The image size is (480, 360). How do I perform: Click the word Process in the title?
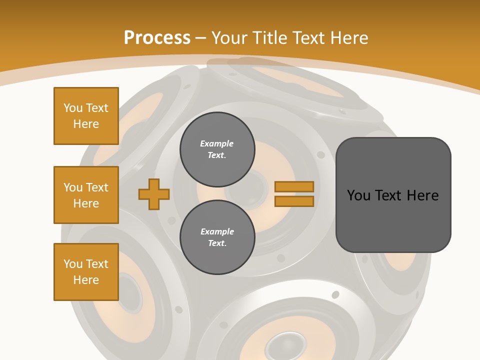(157, 37)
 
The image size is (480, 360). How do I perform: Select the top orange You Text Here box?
(86, 116)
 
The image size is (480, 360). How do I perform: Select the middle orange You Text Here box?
(86, 195)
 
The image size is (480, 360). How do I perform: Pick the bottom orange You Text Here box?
(86, 272)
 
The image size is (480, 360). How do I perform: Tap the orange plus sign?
(154, 194)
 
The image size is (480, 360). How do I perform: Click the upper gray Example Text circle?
(217, 149)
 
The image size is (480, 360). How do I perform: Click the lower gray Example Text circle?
(217, 237)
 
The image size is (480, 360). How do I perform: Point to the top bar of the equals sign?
(294, 186)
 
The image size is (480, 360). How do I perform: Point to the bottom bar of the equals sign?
(294, 201)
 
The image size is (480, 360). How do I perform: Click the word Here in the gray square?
(422, 195)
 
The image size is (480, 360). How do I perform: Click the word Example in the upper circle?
(217, 143)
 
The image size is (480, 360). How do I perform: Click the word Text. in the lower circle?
(217, 243)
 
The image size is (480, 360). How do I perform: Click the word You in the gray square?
(359, 195)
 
